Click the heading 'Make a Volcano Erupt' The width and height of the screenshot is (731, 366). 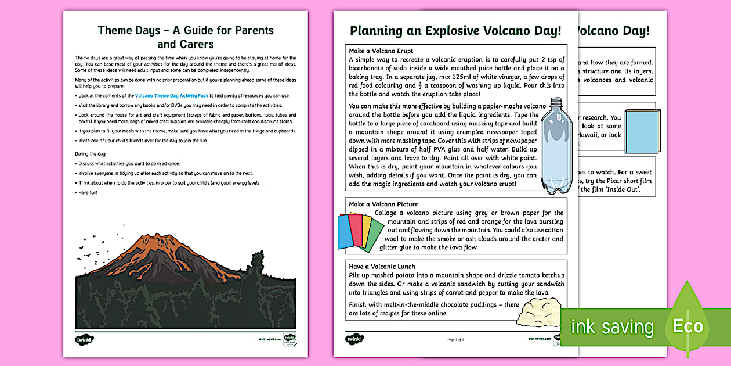(381, 51)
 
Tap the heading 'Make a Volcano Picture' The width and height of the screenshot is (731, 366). (383, 204)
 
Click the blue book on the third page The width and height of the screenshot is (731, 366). (642, 131)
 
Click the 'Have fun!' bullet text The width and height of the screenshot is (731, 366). (90, 192)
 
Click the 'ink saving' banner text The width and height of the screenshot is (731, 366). (612, 327)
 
